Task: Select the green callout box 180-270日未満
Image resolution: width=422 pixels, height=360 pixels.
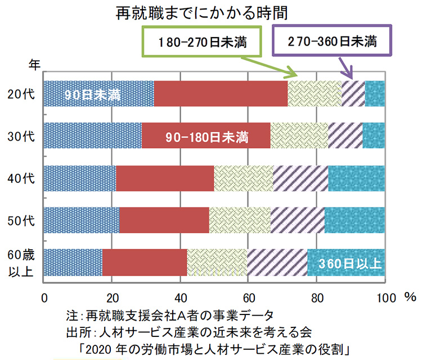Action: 201,42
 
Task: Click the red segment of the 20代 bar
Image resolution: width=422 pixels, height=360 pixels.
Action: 220,93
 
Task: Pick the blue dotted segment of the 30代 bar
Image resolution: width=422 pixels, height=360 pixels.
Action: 92,136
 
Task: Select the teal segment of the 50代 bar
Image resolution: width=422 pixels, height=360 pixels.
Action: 354,220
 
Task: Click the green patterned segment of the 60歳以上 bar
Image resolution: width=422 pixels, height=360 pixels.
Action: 217,262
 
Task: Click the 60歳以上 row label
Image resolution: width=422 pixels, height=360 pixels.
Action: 24,263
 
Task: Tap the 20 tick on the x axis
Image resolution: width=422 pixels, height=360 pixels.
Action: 111,296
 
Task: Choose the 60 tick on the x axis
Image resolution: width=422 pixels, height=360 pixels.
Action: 248,296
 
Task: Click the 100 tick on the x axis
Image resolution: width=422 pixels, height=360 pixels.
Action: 384,296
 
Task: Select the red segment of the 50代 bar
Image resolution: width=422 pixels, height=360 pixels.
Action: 164,220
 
